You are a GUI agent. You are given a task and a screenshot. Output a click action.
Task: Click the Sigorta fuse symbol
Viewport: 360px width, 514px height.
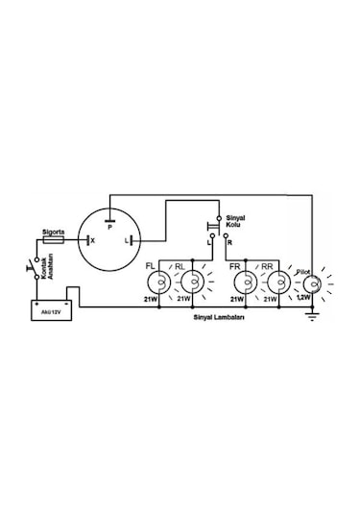56,240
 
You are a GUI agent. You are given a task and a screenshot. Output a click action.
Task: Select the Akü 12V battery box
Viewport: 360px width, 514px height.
48,310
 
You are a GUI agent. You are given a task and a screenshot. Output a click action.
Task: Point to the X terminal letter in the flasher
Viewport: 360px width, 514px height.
92,240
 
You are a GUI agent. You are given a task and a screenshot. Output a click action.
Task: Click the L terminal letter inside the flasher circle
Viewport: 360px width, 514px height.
129,240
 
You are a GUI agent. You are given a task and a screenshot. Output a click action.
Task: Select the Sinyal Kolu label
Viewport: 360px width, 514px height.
233,223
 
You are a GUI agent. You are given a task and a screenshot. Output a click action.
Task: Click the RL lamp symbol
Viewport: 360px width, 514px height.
194,281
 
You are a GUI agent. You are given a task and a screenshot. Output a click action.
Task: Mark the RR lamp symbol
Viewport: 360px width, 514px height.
279,281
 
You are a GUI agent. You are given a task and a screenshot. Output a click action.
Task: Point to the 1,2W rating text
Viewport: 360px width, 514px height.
302,299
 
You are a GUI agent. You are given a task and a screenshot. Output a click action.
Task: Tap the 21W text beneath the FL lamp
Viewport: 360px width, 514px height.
150,299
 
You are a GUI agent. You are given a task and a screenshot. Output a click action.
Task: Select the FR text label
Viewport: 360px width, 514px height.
236,264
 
